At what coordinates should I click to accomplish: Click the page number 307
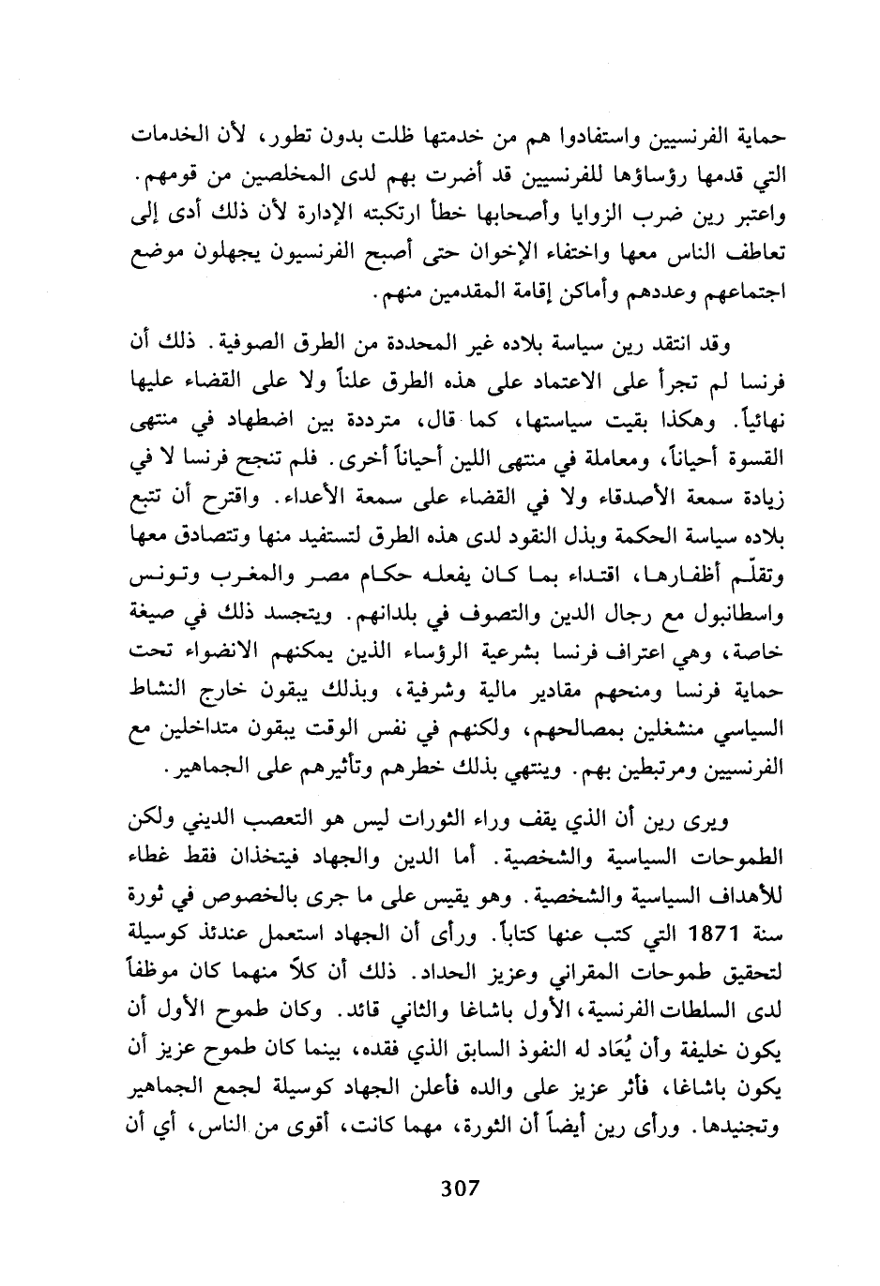(x=460, y=1189)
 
